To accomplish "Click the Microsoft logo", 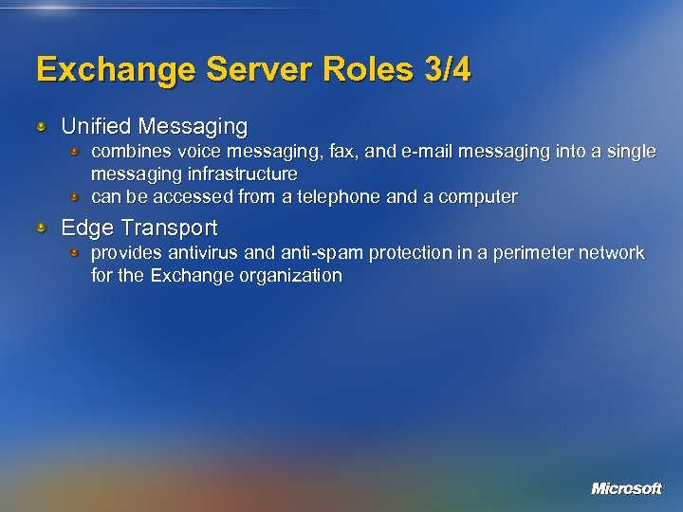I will coord(626,488).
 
